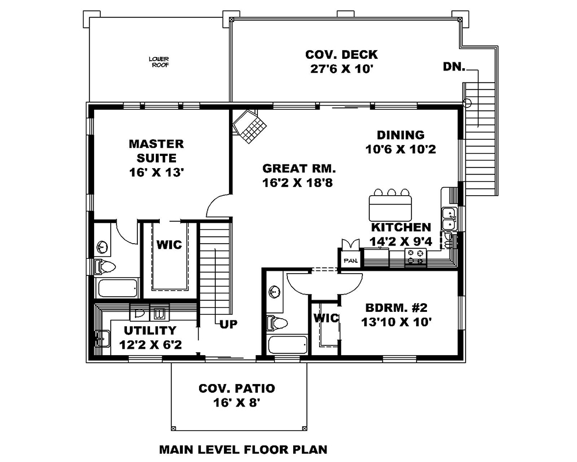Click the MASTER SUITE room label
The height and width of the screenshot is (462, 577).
pyautogui.click(x=156, y=150)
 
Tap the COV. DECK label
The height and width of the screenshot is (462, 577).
pyautogui.click(x=342, y=55)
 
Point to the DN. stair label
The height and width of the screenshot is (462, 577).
pyautogui.click(x=455, y=66)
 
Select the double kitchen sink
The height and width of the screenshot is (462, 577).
pyautogui.click(x=448, y=219)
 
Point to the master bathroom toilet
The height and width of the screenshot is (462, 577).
pyautogui.click(x=105, y=267)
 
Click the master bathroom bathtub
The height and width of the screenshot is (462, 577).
pyautogui.click(x=117, y=288)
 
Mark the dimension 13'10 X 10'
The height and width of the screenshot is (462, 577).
pyautogui.click(x=396, y=322)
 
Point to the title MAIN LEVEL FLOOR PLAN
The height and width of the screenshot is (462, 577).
pyautogui.click(x=243, y=448)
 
